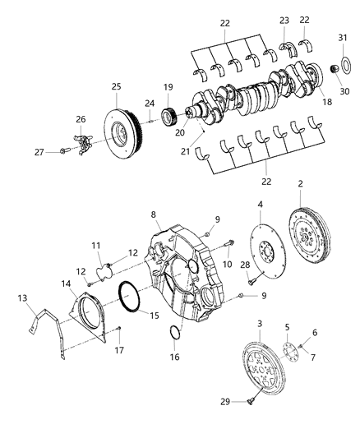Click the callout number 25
(116, 86)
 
